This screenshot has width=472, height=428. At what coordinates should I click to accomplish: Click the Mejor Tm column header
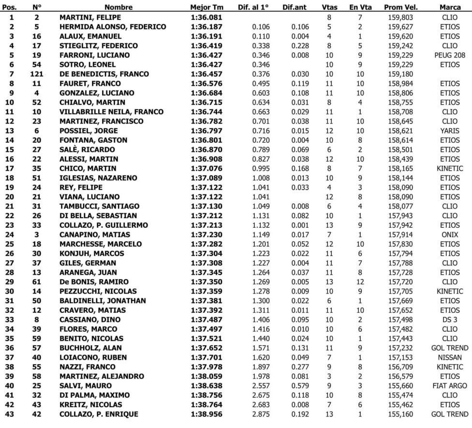pos(206,8)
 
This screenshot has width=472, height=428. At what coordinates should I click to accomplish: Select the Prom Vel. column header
pos(401,8)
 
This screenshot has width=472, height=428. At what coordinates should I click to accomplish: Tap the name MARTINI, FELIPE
pos(87,17)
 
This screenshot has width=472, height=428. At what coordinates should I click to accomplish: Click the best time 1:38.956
pos(206,414)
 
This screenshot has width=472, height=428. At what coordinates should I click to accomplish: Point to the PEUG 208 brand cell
pos(450,55)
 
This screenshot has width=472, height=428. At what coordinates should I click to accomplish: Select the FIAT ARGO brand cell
pos(450,386)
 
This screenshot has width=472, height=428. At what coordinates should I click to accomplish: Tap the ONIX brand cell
pos(450,235)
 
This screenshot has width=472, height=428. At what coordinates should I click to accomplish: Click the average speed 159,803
pos(400,17)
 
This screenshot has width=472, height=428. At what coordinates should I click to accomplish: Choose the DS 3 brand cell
pos(450,320)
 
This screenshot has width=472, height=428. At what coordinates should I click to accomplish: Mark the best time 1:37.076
pos(206,168)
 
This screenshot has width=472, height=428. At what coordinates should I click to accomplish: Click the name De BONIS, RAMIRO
pos(88,282)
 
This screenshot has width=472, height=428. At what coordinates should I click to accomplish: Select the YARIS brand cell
pos(450,131)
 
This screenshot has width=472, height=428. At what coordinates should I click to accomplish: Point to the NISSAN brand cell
pos(450,357)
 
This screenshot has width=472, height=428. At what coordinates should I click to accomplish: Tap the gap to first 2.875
pos(261,414)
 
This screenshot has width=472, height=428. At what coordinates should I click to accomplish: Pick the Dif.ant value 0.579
pos(300,386)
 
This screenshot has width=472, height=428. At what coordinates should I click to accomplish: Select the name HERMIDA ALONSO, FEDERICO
pos(113,27)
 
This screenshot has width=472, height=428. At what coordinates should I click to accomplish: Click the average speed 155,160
pos(400,414)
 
